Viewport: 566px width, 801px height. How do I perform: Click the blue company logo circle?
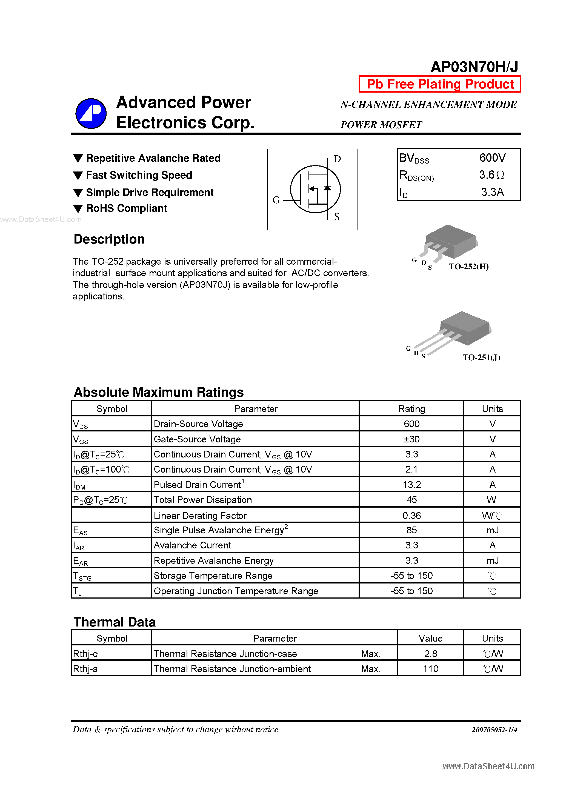click(x=91, y=113)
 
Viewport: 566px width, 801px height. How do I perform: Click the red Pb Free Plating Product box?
click(x=440, y=84)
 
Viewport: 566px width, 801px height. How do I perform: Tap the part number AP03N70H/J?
click(x=474, y=67)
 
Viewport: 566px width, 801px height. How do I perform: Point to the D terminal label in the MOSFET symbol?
click(x=337, y=159)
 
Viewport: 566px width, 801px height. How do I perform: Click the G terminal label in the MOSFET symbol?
click(x=276, y=200)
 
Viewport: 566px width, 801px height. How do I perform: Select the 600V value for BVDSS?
click(x=492, y=158)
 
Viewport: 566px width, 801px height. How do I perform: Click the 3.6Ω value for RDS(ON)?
click(x=491, y=175)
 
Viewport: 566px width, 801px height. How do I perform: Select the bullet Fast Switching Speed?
click(x=139, y=175)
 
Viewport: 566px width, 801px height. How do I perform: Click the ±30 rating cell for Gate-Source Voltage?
click(x=411, y=439)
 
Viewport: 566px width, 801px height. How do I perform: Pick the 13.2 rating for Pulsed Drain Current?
click(x=411, y=485)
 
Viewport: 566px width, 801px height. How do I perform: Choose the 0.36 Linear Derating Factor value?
click(x=411, y=515)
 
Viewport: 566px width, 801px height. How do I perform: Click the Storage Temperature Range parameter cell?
click(x=213, y=576)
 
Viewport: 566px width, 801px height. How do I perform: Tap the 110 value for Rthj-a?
click(x=430, y=669)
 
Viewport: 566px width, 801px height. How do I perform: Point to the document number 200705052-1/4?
click(x=494, y=730)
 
